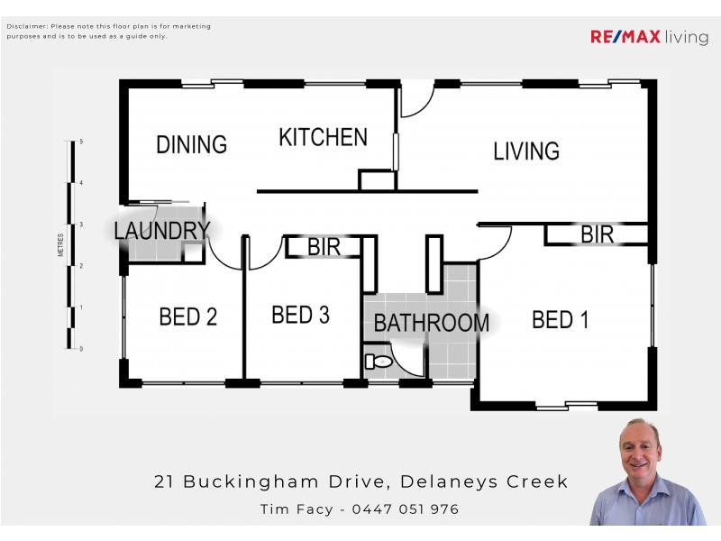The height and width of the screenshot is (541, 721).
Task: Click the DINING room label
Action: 191,144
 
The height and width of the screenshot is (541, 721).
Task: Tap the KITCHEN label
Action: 323,138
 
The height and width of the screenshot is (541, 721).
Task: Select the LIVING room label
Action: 526,151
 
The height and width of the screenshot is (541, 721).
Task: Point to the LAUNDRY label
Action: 161,231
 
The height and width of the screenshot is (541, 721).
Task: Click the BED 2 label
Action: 187,316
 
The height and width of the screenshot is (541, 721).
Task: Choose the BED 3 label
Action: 300,315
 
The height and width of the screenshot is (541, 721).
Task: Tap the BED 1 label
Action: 560,319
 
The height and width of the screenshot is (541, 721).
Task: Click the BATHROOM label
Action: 431,323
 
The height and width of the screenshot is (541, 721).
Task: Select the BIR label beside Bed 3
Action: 324,247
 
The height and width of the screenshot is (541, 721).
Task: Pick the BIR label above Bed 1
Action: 597,235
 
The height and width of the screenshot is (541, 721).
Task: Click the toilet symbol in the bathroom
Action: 379,362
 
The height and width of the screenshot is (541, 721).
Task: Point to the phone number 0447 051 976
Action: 406,509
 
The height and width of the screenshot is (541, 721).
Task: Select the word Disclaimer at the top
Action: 24,27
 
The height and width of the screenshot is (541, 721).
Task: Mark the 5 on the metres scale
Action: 81,142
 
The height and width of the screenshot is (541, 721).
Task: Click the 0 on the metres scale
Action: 81,349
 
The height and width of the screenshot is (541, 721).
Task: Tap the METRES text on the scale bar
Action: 60,245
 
